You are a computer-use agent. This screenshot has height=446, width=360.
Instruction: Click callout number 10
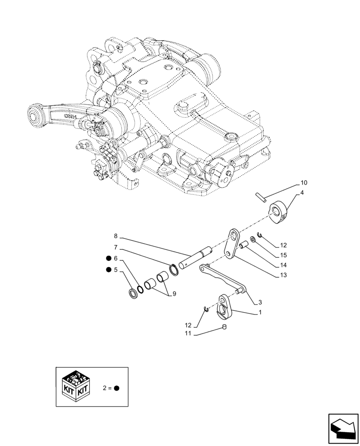tap(304, 183)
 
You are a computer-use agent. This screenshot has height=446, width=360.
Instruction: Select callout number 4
tap(302, 193)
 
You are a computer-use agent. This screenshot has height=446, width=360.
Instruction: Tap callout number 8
tap(115, 236)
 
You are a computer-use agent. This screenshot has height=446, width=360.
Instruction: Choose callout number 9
tap(174, 294)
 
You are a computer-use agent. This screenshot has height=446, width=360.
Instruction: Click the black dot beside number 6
tap(108, 259)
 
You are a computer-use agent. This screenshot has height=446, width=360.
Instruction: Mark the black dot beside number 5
tap(108, 270)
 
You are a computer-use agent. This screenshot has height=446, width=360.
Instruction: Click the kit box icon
tap(75, 387)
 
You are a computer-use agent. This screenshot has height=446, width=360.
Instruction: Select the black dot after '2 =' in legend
tap(117, 388)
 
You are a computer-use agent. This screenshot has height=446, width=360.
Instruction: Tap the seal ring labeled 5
tap(133, 295)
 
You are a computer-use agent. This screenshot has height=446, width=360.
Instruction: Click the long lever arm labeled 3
tap(222, 278)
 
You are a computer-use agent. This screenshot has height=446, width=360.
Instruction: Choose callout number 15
tap(283, 256)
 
